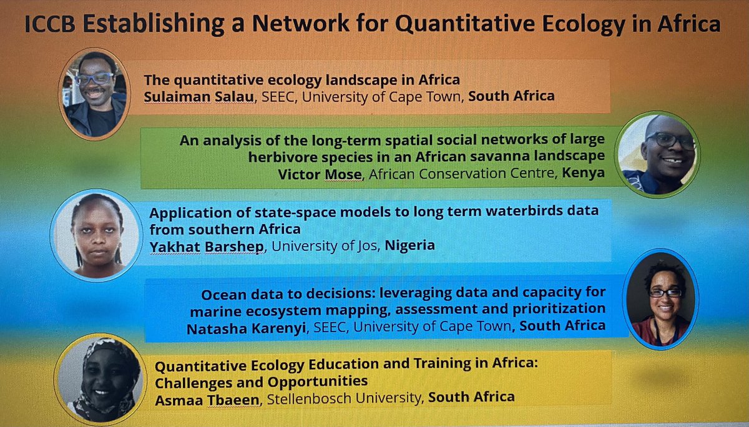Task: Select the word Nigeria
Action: click(410, 245)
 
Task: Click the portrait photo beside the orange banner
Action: click(95, 94)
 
